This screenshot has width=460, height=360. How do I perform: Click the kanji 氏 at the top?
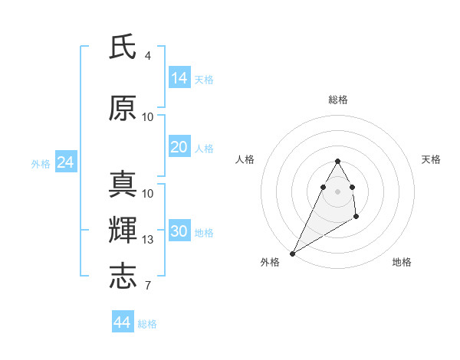[123, 47]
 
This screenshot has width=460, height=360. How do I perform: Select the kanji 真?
[123, 185]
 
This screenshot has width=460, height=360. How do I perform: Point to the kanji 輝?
[123, 231]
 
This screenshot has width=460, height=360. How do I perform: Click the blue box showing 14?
[179, 77]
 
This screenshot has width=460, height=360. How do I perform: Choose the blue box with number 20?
[179, 147]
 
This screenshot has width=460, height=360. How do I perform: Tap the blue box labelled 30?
[179, 231]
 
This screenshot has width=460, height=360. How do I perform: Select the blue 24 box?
[65, 162]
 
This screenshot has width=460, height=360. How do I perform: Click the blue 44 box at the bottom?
[123, 322]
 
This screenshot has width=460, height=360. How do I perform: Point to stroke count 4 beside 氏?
[147, 56]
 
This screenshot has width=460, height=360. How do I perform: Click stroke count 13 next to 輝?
[148, 240]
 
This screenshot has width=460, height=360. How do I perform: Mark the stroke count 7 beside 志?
[147, 286]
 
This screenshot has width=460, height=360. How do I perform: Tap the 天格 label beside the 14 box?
[204, 79]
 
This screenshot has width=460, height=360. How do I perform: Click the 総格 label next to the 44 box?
[147, 324]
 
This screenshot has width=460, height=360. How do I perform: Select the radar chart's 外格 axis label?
[270, 263]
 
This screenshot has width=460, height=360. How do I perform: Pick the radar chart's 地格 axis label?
[402, 263]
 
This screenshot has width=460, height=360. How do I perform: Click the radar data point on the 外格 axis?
[292, 254]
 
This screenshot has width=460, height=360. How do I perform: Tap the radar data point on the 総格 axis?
[337, 162]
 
